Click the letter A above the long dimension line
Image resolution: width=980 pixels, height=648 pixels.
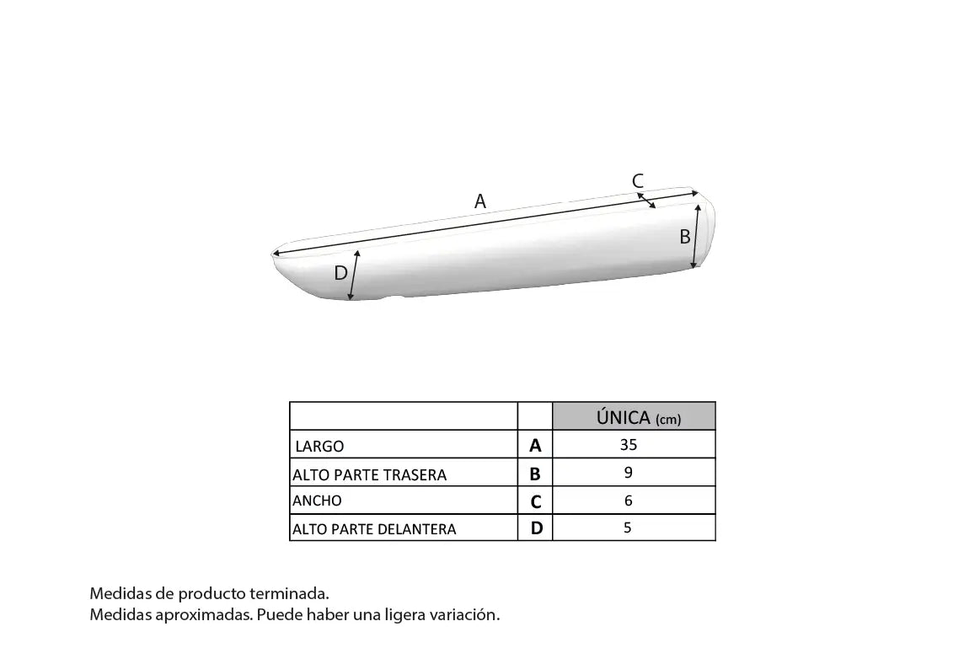click(480, 201)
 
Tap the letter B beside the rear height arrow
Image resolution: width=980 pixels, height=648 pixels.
click(685, 237)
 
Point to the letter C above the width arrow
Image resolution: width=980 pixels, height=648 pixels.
click(638, 180)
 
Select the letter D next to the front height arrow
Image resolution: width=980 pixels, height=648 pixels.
click(340, 273)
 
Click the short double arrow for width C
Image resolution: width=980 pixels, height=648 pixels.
click(646, 201)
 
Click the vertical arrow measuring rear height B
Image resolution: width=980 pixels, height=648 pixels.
click(696, 236)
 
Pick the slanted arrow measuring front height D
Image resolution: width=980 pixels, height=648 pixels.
click(354, 275)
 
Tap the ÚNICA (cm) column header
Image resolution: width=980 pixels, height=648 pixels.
click(638, 417)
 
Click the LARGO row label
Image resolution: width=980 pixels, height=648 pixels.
click(319, 446)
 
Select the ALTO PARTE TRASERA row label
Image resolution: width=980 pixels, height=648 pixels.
click(369, 475)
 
